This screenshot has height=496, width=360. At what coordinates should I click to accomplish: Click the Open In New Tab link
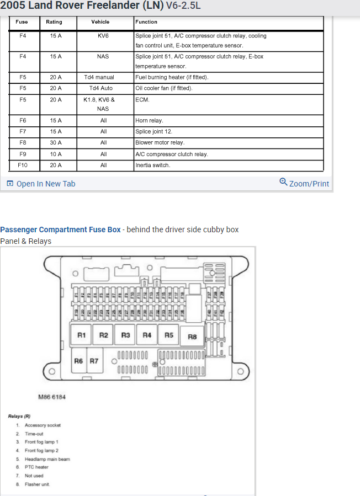coord(41,184)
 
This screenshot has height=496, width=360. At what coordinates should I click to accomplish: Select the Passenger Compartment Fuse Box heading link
coord(60,230)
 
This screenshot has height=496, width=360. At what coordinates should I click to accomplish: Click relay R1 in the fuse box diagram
coord(82,335)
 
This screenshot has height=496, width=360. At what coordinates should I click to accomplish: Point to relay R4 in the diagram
coord(147,335)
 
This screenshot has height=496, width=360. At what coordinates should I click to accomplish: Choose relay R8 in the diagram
coord(192,337)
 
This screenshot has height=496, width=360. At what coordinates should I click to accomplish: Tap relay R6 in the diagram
coord(79,361)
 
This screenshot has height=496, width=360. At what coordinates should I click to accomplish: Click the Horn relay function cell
coord(150,120)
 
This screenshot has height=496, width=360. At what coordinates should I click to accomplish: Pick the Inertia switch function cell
coord(153,165)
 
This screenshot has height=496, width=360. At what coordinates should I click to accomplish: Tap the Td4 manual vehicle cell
coord(99,77)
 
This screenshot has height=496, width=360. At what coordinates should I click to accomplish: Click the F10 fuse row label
coord(23,165)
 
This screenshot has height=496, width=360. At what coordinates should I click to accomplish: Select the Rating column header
coord(54,22)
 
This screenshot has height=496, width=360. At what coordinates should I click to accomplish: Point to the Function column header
coord(146,22)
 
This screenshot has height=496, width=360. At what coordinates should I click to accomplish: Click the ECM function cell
coord(142,100)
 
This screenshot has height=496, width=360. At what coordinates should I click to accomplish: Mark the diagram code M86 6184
coord(52,397)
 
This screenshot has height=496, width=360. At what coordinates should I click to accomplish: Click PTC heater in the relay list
coord(36,467)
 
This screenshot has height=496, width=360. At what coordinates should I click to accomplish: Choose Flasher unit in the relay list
coord(37,484)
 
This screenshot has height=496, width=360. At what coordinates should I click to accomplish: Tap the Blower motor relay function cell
coord(160,142)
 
